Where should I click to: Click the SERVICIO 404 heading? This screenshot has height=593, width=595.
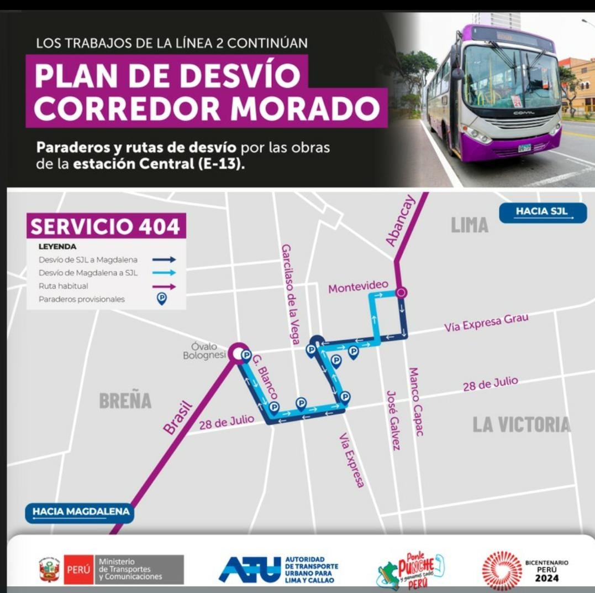tap(106, 226)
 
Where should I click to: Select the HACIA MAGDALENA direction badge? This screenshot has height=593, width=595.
tap(81, 512)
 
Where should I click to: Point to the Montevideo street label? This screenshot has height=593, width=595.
tap(357, 288)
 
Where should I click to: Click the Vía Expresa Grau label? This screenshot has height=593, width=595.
tap(486, 322)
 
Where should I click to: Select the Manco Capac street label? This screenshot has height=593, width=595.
tap(415, 401)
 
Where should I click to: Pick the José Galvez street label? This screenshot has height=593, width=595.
tap(393, 420)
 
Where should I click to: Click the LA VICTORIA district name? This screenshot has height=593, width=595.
tap(521, 424)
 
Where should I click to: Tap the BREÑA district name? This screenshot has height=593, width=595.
tap(125, 401)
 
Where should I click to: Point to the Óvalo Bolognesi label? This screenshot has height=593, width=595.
tap(204, 351)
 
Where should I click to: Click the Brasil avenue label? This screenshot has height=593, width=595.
tap(178, 417)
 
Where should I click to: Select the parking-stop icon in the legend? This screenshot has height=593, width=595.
tap(161, 299)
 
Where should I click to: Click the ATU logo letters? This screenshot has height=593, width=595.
tap(250, 569)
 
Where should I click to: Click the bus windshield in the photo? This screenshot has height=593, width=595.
tap(510, 77)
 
